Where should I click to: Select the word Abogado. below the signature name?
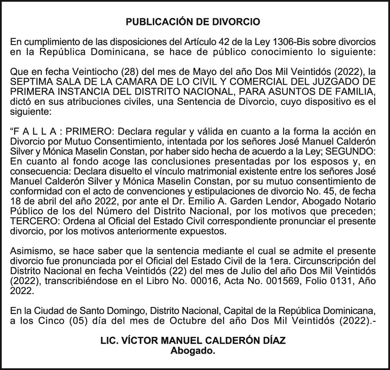click(x=193, y=351)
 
